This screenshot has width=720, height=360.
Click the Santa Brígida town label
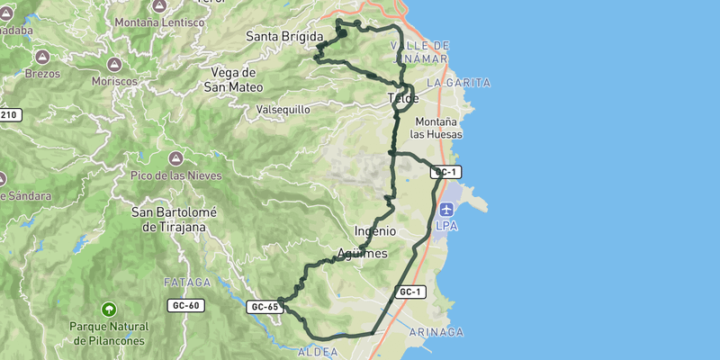tap(284, 36)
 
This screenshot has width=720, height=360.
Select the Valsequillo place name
tap(283, 109)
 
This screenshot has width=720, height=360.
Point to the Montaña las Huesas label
tap(436, 128)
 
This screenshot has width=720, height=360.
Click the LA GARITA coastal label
tap(458, 83)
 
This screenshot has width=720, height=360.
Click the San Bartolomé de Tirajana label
tap(168, 220)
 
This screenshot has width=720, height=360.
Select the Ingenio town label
tap(375, 230)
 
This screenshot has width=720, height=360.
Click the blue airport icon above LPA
tap(447, 210)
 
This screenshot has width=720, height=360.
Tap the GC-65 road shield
tap(265, 307)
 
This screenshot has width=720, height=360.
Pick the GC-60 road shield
tap(185, 306)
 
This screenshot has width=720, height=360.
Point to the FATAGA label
tap(186, 283)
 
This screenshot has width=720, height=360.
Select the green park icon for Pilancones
tap(109, 309)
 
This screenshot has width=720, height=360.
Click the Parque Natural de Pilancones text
tap(109, 333)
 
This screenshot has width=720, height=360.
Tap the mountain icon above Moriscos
tap(115, 65)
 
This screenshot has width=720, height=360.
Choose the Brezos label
tap(42, 74)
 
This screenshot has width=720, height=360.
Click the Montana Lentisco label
tap(158, 22)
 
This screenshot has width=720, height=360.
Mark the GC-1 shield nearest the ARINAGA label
tap(410, 292)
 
